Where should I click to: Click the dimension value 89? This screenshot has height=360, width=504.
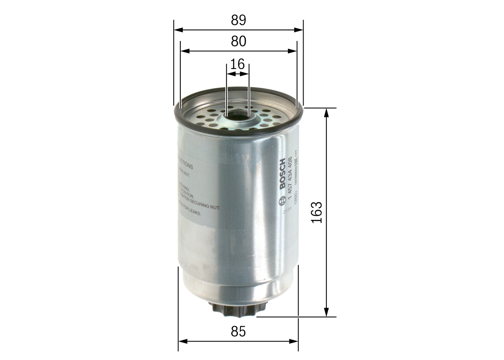238,20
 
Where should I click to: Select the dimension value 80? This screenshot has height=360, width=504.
238,41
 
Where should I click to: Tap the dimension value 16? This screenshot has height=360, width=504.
237,63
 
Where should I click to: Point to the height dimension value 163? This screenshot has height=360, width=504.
317,212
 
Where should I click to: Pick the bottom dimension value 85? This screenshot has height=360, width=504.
238,332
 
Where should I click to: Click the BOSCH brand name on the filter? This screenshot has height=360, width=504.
282,174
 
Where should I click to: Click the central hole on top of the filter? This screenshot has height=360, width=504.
237,115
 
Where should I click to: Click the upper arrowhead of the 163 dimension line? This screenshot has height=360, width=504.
326,112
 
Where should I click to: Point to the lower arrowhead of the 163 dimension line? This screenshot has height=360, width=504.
326,312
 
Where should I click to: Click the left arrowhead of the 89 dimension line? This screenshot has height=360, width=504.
178,30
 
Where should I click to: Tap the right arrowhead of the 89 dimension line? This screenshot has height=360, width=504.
299,30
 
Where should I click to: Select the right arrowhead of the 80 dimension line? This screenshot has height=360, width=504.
293,51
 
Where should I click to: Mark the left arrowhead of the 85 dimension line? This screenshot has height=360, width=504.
183,341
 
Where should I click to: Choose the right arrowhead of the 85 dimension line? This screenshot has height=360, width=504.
294,341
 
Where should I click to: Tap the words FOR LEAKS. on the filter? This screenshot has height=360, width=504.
191,213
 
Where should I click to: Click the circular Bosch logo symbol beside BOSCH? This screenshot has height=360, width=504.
282,202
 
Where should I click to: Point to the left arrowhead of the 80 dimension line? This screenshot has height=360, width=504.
184,51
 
